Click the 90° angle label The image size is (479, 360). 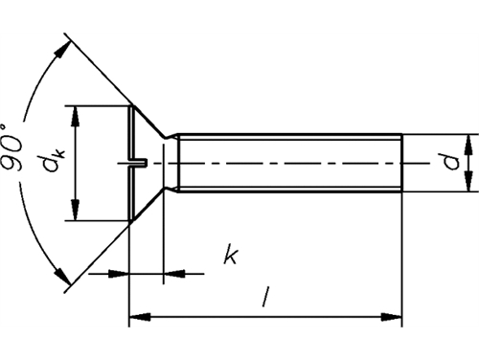[12, 146]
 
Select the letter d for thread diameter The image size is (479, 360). [450, 161]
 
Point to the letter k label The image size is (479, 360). [231, 254]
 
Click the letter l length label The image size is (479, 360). [264, 297]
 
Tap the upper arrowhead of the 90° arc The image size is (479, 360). [62, 50]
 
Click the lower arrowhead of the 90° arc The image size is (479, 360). [62, 277]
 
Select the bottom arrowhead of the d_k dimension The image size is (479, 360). [76, 211]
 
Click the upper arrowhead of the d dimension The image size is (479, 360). [468, 145]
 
